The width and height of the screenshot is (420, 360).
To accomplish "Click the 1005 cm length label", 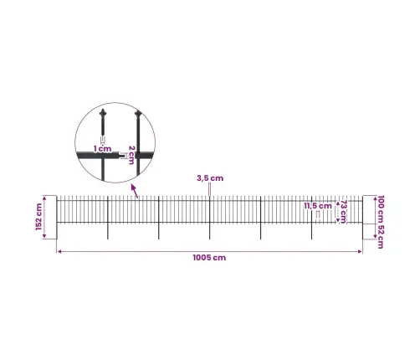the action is coord(209,258).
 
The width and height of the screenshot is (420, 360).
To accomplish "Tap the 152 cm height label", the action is coord(38,217).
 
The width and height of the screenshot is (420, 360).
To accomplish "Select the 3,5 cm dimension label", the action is coord(210,178).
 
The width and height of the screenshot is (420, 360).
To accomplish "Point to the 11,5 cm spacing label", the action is coord(318,206).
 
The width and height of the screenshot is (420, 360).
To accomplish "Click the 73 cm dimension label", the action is coord(343,212).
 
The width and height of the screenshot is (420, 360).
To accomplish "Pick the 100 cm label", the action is coord(381,209).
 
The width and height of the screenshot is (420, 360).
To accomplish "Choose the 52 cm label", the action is coord(381,236).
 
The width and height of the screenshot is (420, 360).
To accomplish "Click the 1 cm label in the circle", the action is coord(102,149).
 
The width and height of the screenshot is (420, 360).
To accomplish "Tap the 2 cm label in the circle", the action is coord(131,155).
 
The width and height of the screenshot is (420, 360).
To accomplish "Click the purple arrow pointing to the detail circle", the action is coord(135,191).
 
